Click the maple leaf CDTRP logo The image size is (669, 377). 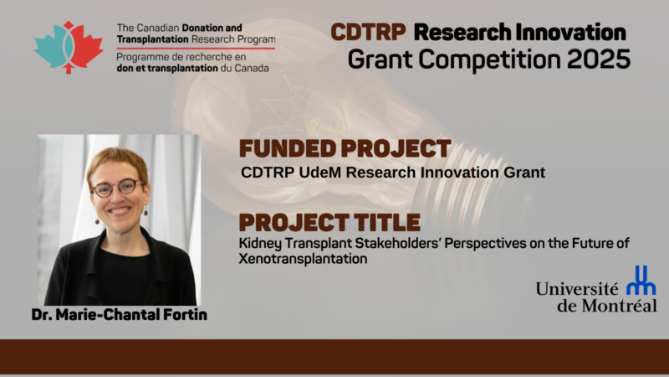pyautogui.click(x=69, y=48)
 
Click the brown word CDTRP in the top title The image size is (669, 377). pyautogui.click(x=368, y=33)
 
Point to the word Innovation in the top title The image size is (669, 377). pyautogui.click(x=570, y=33)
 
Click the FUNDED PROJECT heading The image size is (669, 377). pyautogui.click(x=345, y=149)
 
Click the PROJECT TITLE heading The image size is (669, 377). pyautogui.click(x=329, y=222)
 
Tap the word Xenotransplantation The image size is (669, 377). pyautogui.click(x=303, y=259)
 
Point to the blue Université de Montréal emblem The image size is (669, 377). pyautogui.click(x=641, y=281)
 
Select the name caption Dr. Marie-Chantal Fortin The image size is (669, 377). pyautogui.click(x=119, y=315)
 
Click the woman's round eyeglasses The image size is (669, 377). pyautogui.click(x=118, y=188)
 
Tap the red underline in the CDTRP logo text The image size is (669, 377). pyautogui.click(x=196, y=49)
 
